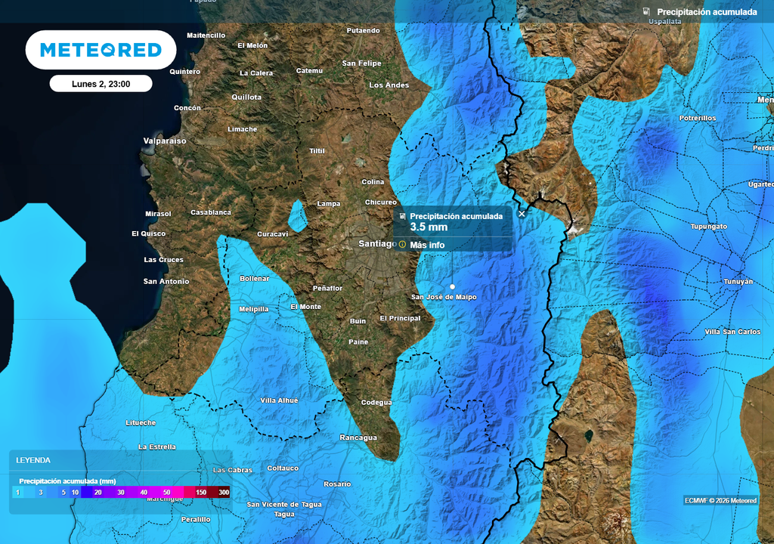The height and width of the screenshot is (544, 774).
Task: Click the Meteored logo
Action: (101, 50)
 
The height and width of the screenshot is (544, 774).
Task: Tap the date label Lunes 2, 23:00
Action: (101, 84)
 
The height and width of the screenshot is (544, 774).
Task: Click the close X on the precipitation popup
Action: (522, 214)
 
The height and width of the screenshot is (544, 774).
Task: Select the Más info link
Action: (427, 245)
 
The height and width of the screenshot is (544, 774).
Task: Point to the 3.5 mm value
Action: (429, 227)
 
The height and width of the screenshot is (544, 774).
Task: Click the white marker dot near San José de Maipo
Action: (452, 287)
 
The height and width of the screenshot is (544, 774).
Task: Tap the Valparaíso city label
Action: (165, 141)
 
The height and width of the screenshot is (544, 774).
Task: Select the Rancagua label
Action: (358, 438)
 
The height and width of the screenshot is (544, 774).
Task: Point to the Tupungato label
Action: (708, 227)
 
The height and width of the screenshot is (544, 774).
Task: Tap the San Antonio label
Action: (166, 282)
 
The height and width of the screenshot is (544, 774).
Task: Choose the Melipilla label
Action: (253, 309)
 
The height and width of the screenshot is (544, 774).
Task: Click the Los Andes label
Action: (389, 85)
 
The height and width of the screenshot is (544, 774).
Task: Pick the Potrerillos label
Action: (697, 119)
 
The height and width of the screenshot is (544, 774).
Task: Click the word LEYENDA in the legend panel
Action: (33, 459)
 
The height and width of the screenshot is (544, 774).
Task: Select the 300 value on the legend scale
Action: (224, 493)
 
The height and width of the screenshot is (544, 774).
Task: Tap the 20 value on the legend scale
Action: (98, 493)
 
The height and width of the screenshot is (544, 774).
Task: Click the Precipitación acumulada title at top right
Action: (707, 12)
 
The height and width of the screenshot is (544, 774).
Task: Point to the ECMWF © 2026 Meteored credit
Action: (720, 500)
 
